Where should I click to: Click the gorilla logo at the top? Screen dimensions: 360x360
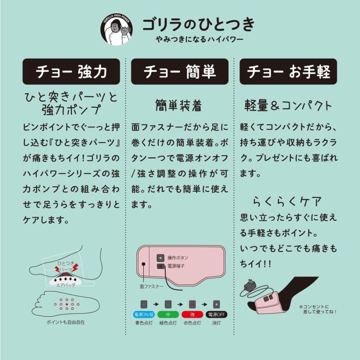pyautogui.click(x=116, y=30)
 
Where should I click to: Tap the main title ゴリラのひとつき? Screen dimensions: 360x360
pyautogui.click(x=199, y=25)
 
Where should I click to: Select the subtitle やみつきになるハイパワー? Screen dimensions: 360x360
pyautogui.click(x=200, y=40)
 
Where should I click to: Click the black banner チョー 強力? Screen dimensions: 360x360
pyautogui.click(x=71, y=72)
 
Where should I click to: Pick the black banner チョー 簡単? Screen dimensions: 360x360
pyautogui.click(x=180, y=72)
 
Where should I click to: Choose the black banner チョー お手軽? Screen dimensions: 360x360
pyautogui.click(x=288, y=72)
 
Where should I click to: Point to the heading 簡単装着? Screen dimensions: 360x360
pyautogui.click(x=178, y=105)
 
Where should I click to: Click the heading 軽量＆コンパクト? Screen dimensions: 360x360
pyautogui.click(x=288, y=105)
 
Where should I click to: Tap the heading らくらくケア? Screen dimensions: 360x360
pyautogui.click(x=287, y=200)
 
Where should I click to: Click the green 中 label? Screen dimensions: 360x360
pyautogui.click(x=168, y=314)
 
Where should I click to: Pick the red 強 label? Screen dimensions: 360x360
pyautogui.click(x=192, y=314)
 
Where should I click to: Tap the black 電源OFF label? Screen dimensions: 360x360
pyautogui.click(x=216, y=314)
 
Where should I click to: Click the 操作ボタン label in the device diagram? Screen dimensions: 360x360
pyautogui.click(x=178, y=258)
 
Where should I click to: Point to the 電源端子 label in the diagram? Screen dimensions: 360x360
pyautogui.click(x=176, y=266)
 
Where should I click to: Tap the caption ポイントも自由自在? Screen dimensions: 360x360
pyautogui.click(x=66, y=322)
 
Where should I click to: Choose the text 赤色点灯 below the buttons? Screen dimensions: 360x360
pyautogui.click(x=192, y=323)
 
